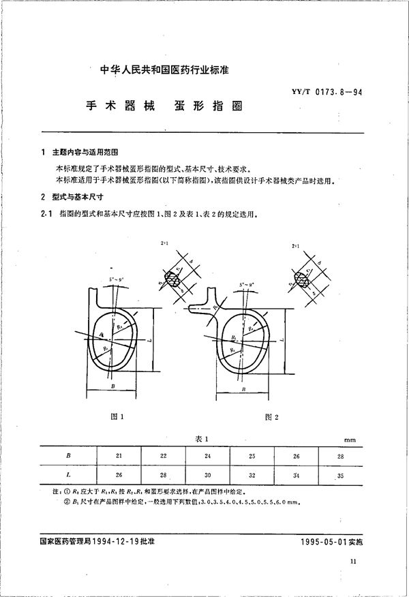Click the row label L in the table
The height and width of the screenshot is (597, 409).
[x=67, y=473]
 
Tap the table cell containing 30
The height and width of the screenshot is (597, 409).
[x=208, y=473]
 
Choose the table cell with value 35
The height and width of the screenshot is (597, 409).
[x=340, y=473]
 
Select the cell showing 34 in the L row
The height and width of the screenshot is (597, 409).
[x=296, y=473]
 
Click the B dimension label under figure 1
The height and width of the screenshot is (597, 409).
[x=112, y=386]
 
